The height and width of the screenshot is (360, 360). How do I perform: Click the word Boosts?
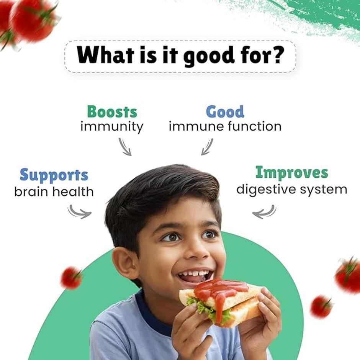pyautogui.click(x=112, y=112)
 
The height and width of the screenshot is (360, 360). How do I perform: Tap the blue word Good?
pyautogui.click(x=225, y=112)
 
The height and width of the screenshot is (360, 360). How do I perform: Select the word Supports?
pyautogui.click(x=54, y=175)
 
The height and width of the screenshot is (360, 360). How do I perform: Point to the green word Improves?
pyautogui.click(x=291, y=173)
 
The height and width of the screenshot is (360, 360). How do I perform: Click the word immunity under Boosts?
pyautogui.click(x=112, y=126)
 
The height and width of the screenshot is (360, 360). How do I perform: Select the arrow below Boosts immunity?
pyautogui.click(x=125, y=147)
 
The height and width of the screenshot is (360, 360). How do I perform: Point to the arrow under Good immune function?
pyautogui.click(x=207, y=147)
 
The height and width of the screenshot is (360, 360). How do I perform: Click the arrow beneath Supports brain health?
pyautogui.click(x=80, y=211)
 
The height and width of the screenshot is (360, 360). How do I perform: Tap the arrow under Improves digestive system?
pyautogui.click(x=264, y=212)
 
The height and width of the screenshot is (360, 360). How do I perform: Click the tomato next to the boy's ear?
pyautogui.click(x=71, y=278)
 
